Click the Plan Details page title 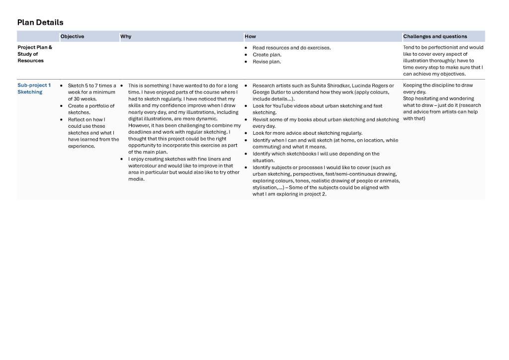pyautogui.click(x=40, y=22)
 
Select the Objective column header pyautogui.click(x=72, y=36)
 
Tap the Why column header pyautogui.click(x=125, y=36)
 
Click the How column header pyautogui.click(x=250, y=36)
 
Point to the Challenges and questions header pyautogui.click(x=435, y=36)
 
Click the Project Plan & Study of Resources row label pyautogui.click(x=35, y=54)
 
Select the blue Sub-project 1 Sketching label pyautogui.click(x=34, y=89)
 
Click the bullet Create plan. pyautogui.click(x=267, y=55)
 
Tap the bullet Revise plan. pyautogui.click(x=266, y=62)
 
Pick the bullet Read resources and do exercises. pyautogui.click(x=291, y=48)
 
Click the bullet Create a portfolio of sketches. pyautogui.click(x=91, y=109)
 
